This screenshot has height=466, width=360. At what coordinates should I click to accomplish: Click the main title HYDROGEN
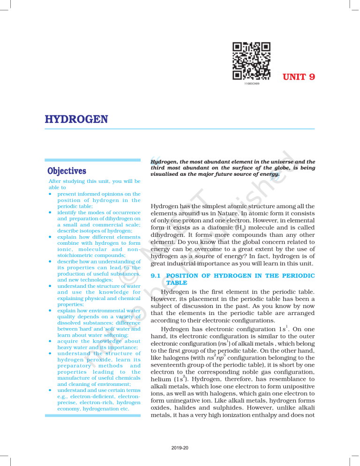tap(76, 120)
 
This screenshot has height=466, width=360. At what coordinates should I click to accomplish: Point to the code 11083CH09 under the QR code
tap(252, 84)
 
